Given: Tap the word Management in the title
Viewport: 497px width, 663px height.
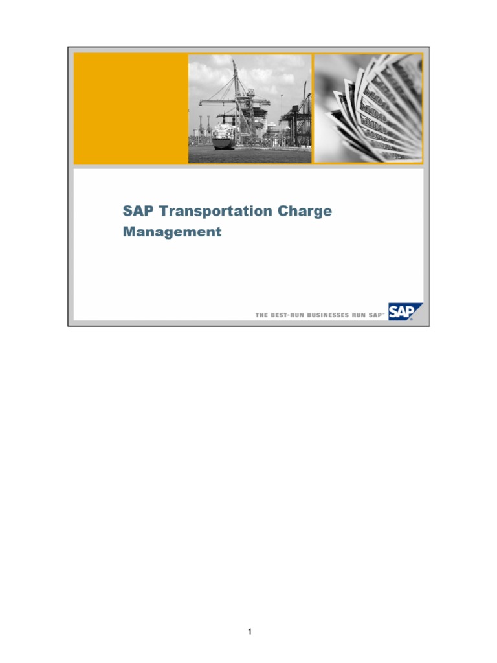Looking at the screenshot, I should (172, 232).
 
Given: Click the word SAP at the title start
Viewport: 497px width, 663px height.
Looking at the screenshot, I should (138, 212).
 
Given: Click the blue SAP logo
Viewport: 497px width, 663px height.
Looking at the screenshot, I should (403, 312).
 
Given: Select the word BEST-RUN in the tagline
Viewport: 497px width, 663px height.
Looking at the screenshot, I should (283, 315).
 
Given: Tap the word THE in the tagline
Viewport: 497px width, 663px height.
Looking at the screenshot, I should (261, 315).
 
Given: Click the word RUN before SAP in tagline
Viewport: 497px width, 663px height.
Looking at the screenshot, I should (359, 315).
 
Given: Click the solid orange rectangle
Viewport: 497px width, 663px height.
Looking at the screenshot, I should (130, 108).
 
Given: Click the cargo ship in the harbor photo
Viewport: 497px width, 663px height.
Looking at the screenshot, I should (224, 137).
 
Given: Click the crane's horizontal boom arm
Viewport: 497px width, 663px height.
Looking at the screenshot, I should (223, 100).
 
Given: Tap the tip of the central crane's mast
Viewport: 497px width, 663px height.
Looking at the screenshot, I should (233, 62).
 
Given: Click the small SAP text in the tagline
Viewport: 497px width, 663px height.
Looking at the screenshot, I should (377, 315).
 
